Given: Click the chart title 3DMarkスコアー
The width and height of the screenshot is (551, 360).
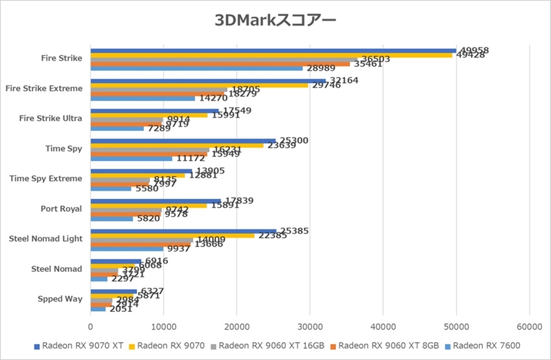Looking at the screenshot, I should click(275, 20).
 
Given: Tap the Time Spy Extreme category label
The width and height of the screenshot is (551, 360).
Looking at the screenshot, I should click(46, 179).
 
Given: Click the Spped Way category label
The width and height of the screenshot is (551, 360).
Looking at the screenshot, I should click(61, 299).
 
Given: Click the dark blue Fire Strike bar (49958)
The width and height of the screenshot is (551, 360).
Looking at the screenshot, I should click(273, 50).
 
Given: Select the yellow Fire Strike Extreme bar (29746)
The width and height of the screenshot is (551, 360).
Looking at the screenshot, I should click(199, 85).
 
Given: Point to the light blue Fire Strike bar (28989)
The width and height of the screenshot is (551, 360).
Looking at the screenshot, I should click(196, 68).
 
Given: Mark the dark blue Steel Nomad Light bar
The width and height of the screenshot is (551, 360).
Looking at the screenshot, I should click(183, 231).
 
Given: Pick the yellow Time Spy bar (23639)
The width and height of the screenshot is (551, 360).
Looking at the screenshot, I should click(177, 145).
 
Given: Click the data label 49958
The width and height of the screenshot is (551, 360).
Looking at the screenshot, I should click(475, 50).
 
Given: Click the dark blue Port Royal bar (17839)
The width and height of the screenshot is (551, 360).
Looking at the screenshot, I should click(156, 201).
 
